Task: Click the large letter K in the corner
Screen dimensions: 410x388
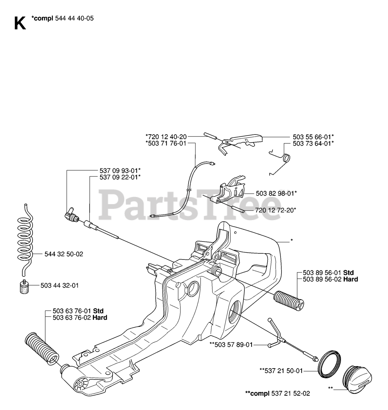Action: pyautogui.click(x=20, y=23)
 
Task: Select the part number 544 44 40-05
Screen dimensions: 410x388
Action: pyautogui.click(x=75, y=18)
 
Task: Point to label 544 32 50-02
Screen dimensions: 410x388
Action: pyautogui.click(x=64, y=254)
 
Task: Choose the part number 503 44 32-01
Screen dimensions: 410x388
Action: pyautogui.click(x=59, y=285)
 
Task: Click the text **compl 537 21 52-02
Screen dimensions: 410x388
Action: pyautogui.click(x=277, y=393)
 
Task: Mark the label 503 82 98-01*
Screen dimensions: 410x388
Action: pyautogui.click(x=276, y=193)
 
